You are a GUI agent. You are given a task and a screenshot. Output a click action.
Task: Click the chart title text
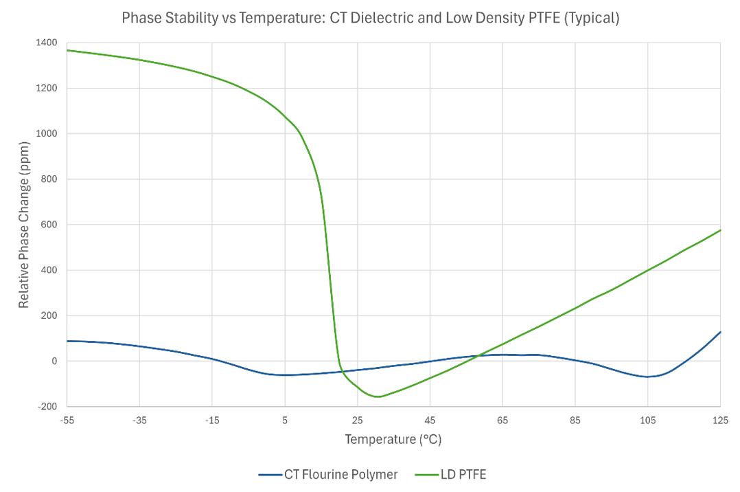370,18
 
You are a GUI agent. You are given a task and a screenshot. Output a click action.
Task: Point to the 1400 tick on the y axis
47,43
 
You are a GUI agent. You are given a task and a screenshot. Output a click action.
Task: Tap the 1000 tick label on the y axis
47,133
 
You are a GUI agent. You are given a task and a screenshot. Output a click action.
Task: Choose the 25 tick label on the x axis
357,419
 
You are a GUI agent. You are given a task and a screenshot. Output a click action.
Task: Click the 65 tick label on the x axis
502,419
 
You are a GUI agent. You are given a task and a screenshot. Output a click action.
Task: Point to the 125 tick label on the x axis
720,419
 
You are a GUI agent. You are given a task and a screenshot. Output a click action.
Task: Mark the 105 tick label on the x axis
647,419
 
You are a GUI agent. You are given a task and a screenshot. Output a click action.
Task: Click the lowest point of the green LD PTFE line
378,396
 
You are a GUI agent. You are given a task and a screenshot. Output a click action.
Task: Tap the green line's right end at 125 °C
720,230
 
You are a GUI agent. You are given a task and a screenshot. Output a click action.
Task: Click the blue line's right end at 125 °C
720,332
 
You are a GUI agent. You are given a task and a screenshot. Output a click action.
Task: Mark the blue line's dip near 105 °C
647,377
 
